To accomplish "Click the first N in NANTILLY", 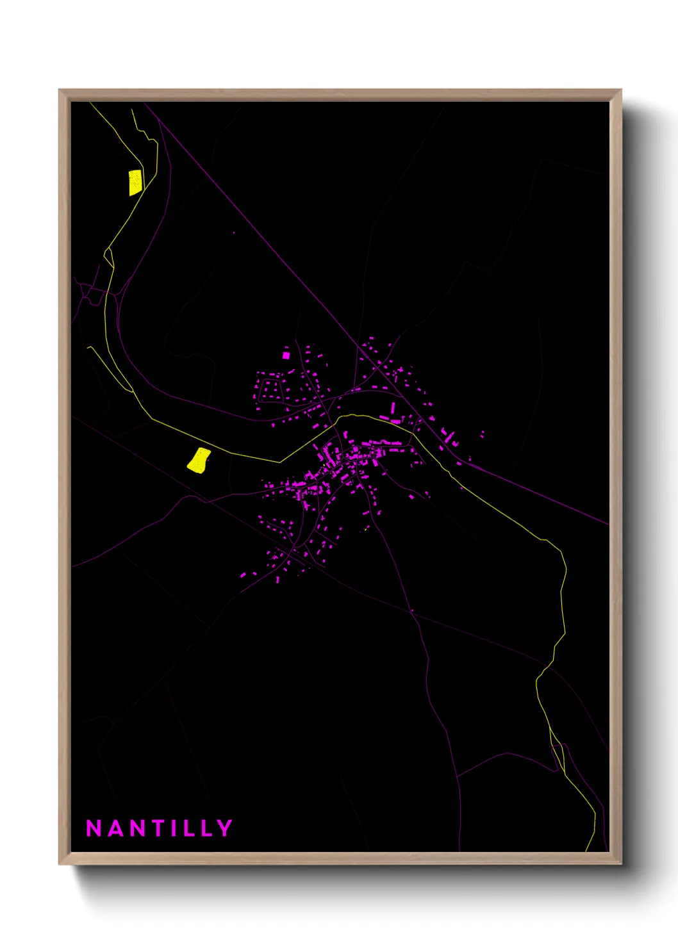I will pos(94,828).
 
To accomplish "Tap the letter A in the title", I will pos(115,828).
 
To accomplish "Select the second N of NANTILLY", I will pos(138,828).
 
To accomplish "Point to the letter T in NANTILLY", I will pos(158,828).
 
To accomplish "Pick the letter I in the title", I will pos(174,828).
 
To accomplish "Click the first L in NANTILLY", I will pos(188,828).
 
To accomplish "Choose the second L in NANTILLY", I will pos(206,828).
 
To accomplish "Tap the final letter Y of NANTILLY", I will pos(225,828).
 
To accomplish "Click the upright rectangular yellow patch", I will pos(135,182).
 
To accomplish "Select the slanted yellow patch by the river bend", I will pos(199,460).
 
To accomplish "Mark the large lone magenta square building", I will pos(286,355).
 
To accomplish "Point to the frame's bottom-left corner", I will pos(60,863).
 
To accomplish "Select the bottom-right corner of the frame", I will pos(620,863).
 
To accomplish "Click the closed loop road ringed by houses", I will pos(270,388).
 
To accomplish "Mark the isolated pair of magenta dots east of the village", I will pos(482,434).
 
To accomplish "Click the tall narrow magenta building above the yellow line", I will pos(393,408).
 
